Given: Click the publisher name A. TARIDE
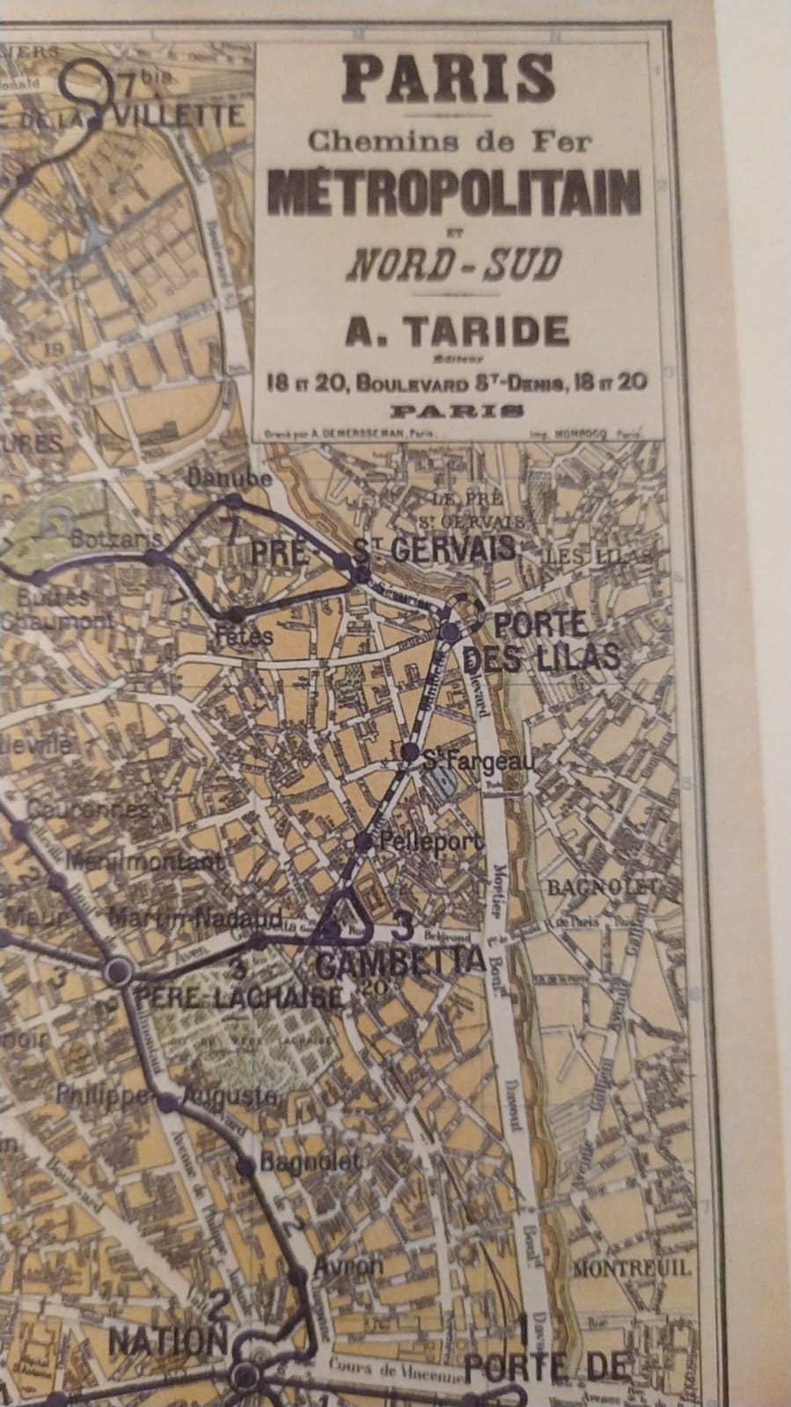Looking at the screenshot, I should pos(455,332).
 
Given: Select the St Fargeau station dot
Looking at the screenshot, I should pos(410,751).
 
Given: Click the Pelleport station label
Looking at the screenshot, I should pos(431,842).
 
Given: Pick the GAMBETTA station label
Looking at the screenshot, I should pos(399,964).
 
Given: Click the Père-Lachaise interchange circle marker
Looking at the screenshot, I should pos(119,971).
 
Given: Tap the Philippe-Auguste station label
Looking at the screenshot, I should pos(167,1096).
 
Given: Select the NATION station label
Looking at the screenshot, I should pos(167,1342).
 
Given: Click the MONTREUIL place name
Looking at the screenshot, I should pos(631,1270).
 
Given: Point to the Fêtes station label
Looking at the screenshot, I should pos(245,634).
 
